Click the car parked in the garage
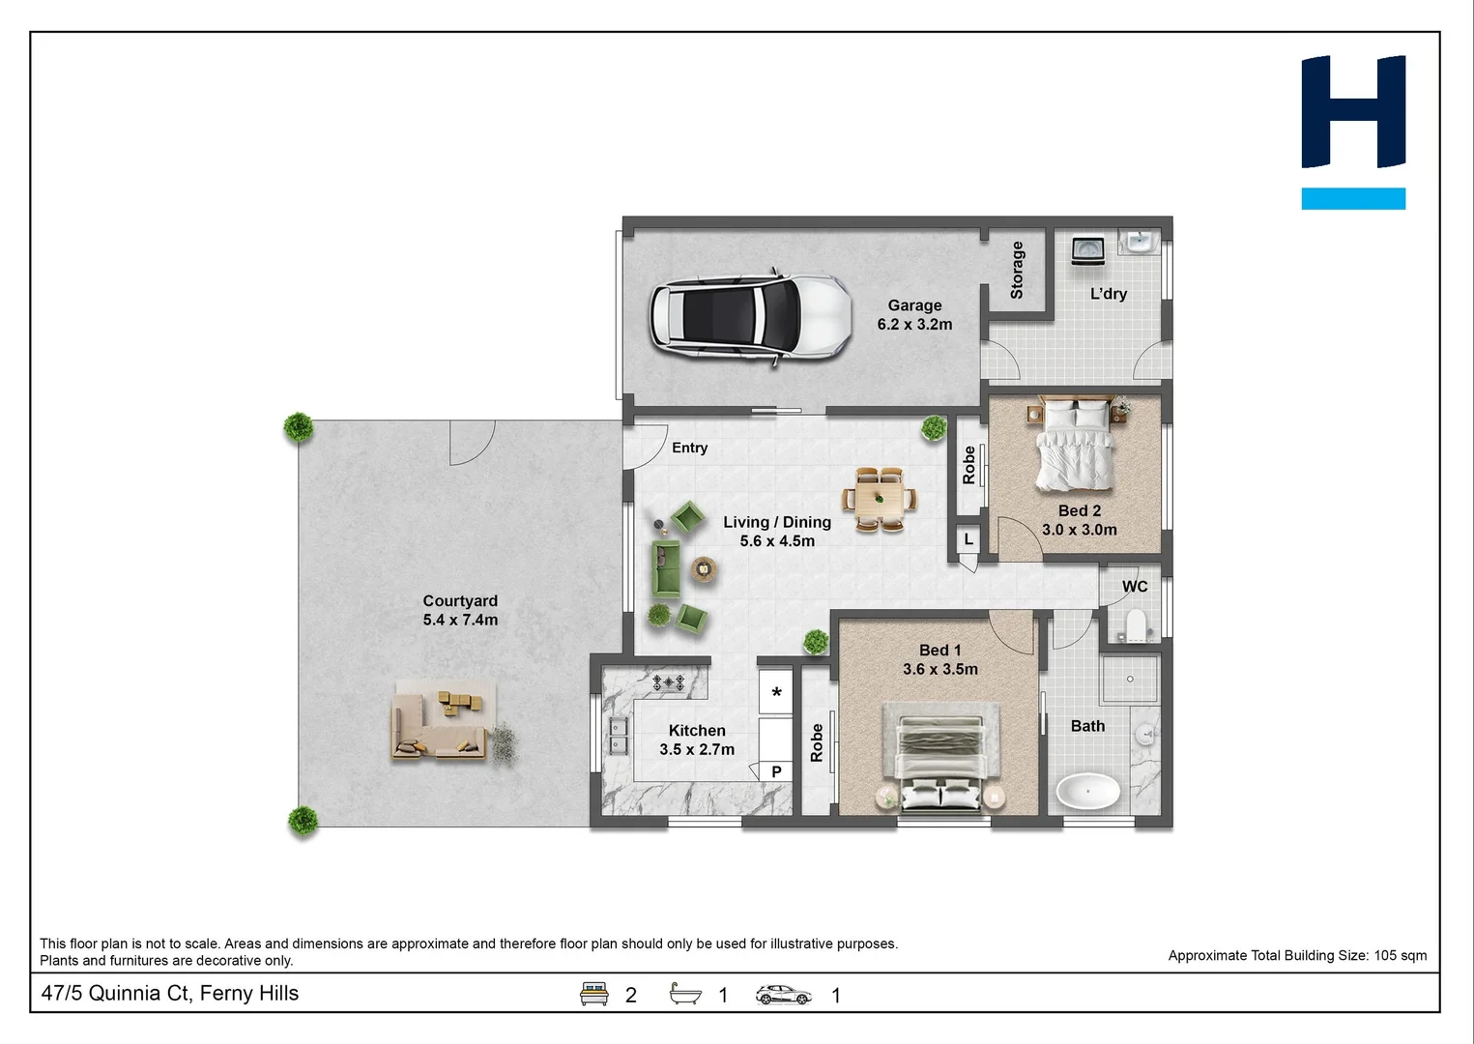point(750,316)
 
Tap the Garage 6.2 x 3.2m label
point(914,315)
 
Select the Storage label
point(1017,270)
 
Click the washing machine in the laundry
point(1087,249)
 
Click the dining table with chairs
point(880,500)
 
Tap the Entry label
point(689,448)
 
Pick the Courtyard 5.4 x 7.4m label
point(460,610)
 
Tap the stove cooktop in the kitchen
point(668,682)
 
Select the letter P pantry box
point(775,770)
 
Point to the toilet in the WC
point(1136,625)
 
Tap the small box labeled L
point(968,539)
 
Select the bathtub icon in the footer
point(685,994)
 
